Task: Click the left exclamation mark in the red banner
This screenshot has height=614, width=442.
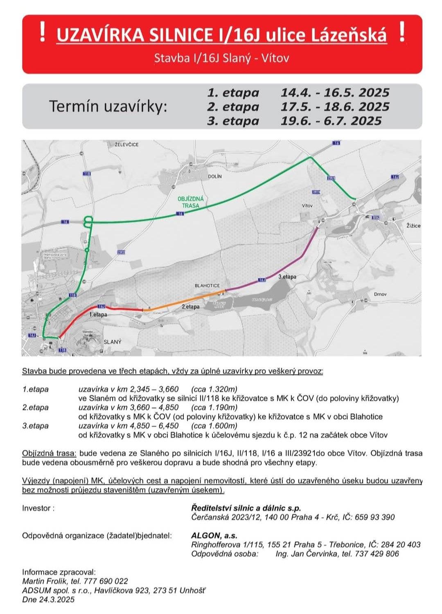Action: click(42, 33)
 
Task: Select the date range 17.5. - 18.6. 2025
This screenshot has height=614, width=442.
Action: click(334, 107)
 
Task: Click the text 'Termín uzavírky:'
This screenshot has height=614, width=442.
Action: click(108, 106)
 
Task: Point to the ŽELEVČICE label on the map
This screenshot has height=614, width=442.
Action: click(127, 144)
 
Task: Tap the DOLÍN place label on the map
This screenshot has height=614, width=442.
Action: click(214, 176)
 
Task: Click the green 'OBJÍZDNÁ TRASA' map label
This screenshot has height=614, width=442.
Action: click(190, 202)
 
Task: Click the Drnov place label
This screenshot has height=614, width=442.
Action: click(380, 294)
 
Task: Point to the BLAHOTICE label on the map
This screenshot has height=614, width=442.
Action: click(207, 286)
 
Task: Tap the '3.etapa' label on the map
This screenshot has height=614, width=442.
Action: click(287, 277)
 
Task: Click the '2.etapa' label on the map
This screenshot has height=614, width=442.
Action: click(190, 307)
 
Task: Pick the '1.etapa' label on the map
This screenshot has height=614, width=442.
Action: click(98, 315)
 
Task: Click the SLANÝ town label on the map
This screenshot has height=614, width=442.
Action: click(113, 342)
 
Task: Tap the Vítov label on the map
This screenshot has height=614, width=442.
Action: click(307, 205)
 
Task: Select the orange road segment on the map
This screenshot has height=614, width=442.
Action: click(184, 300)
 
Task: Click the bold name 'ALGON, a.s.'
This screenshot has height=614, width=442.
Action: click(214, 535)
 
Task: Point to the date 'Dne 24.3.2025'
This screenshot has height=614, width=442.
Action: click(48, 600)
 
